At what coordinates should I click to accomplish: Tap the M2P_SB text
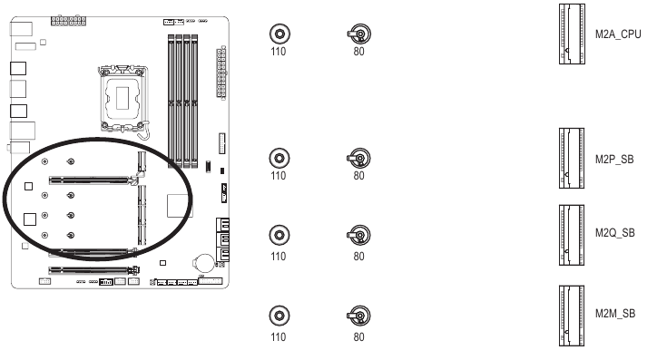[x=614, y=159]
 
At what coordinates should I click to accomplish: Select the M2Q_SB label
[x=614, y=231]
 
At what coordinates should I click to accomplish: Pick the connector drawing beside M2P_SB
[x=572, y=159]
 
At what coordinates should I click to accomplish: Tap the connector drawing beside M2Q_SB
[x=572, y=232]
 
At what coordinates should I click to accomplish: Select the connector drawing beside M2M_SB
[x=572, y=313]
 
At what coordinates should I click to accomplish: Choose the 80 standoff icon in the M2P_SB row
[x=359, y=159]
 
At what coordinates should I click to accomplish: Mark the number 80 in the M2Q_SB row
[x=359, y=256]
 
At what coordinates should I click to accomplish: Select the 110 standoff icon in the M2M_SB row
[x=278, y=317]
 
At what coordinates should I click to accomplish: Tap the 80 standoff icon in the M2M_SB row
[x=359, y=317]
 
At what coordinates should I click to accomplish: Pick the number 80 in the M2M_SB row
[x=359, y=337]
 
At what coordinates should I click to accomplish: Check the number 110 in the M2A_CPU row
[x=278, y=53]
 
